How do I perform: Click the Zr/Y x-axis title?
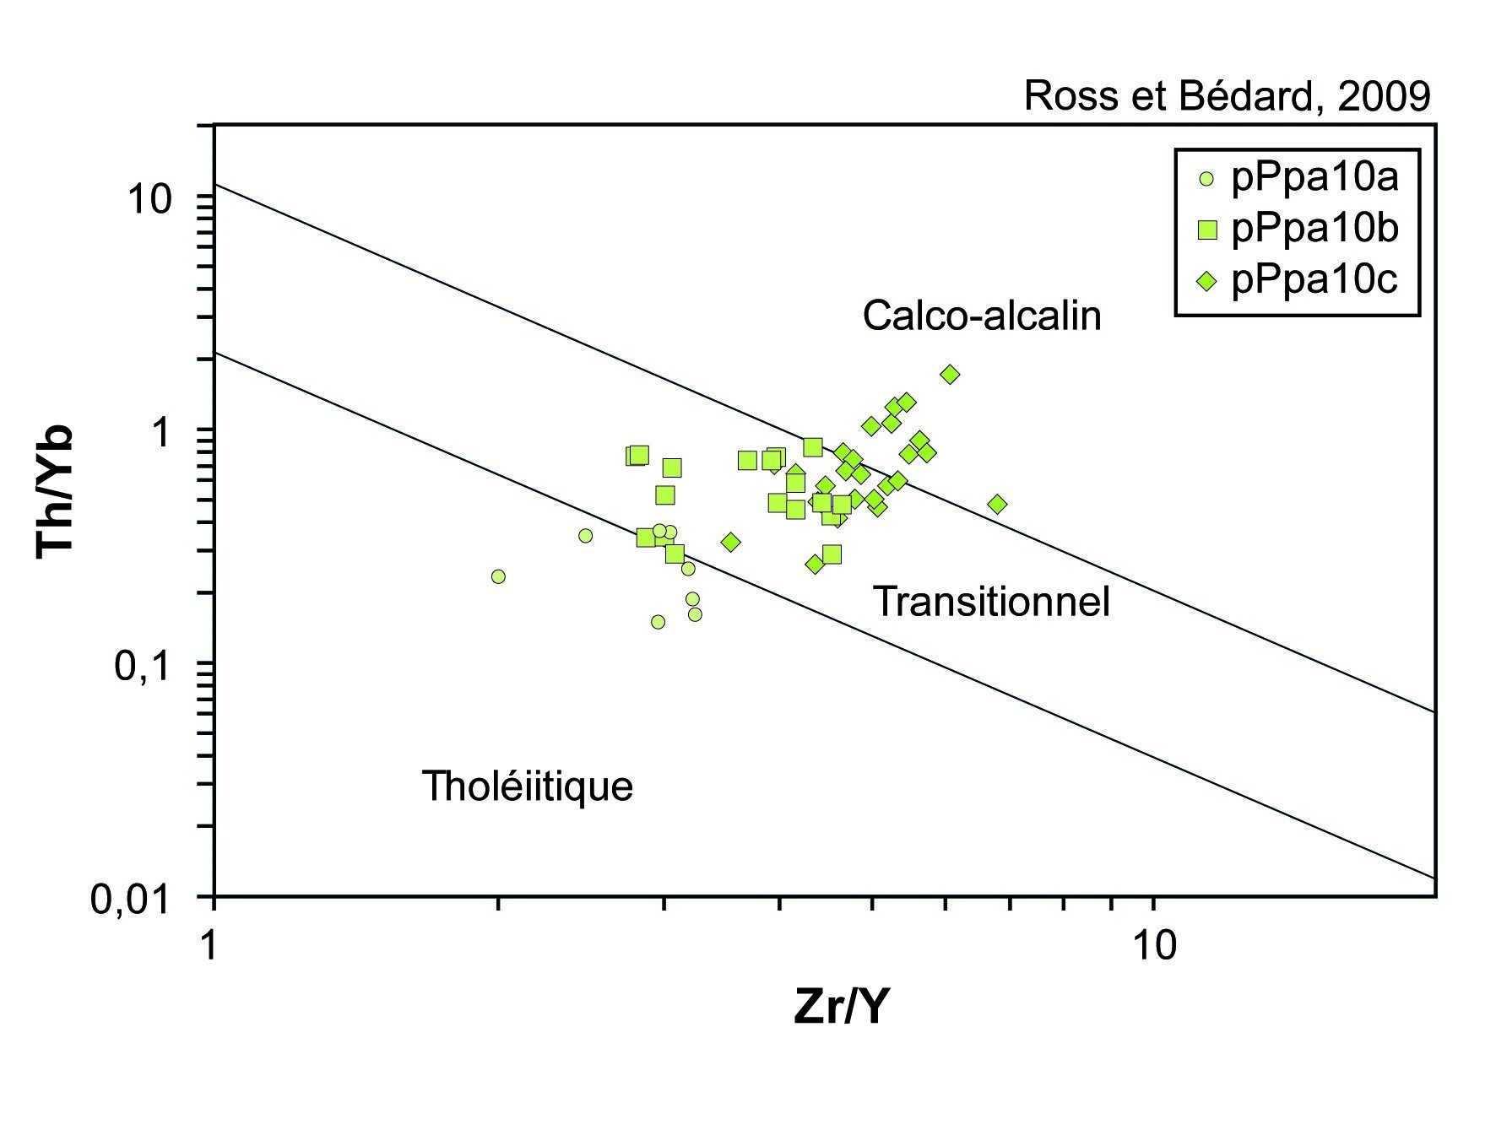coord(841,1006)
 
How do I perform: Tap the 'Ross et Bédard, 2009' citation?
coord(1227,96)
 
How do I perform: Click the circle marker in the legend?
coord(1206,179)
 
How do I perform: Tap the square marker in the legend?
coord(1207,230)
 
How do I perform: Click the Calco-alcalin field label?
coord(982,316)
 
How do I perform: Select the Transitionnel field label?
coord(991,602)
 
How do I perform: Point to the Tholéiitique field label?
coord(528,786)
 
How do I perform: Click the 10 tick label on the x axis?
coord(1153,946)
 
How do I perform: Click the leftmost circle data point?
coord(498,576)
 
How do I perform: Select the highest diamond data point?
coord(951,374)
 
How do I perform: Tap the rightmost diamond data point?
coord(997,505)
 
